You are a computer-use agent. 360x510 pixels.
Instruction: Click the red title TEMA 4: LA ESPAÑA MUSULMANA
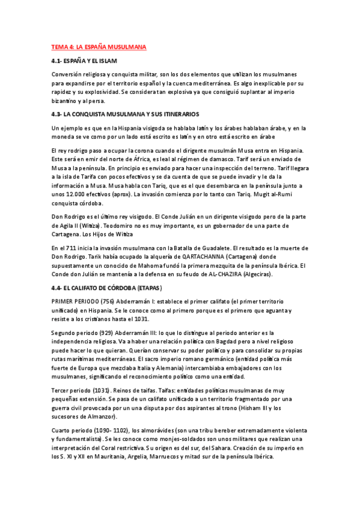[99, 46]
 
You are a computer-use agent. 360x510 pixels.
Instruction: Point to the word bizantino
[70, 100]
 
